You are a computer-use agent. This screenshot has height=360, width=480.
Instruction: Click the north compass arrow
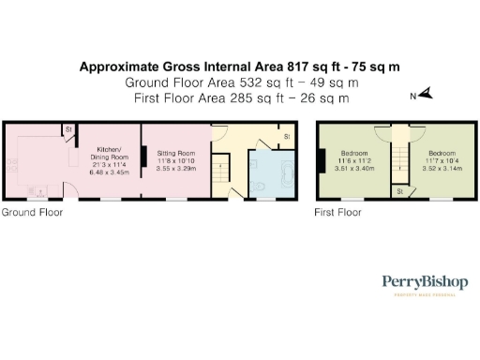[424, 94]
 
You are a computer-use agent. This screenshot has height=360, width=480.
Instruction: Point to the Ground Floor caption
[32, 213]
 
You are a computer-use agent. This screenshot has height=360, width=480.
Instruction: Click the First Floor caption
[337, 213]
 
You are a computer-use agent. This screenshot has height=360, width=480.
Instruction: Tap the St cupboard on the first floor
[400, 192]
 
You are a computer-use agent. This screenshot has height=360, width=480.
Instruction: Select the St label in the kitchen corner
[69, 129]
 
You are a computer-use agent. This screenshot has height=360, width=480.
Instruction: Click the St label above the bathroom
[285, 138]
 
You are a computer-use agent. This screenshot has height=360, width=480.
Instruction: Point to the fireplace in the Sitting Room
[143, 159]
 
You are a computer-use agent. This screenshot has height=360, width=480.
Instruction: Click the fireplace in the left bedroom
[322, 160]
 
